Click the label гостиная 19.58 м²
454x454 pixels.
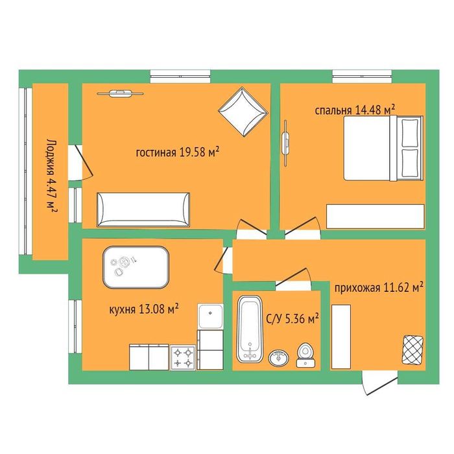pyautogui.click(x=177, y=152)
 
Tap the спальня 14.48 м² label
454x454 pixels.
pyautogui.click(x=355, y=110)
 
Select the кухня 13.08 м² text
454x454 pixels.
pyautogui.click(x=143, y=309)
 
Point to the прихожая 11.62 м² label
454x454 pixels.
pyautogui.click(x=379, y=288)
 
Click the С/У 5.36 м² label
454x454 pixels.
pyautogui.click(x=293, y=319)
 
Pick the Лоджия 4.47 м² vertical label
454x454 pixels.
pyautogui.click(x=51, y=176)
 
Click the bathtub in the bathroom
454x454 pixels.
pyautogui.click(x=250, y=329)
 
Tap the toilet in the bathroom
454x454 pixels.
pyautogui.click(x=305, y=355)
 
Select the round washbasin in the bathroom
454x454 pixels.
pyautogui.click(x=278, y=357)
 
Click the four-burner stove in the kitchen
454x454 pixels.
pyautogui.click(x=183, y=357)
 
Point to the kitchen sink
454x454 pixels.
pyautogui.click(x=211, y=317)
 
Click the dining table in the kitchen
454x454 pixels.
pyautogui.click(x=136, y=267)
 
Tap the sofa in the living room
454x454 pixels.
pyautogui.click(x=143, y=209)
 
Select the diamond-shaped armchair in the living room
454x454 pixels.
pyautogui.click(x=243, y=112)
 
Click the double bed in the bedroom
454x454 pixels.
pyautogui.click(x=383, y=148)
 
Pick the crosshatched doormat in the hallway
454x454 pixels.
pyautogui.click(x=412, y=350)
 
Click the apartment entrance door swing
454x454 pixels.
pyautogui.click(x=379, y=382)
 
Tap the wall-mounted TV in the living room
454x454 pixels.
pyautogui.click(x=120, y=93)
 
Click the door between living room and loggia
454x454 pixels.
pyautogui.click(x=80, y=163)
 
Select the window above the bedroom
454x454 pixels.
pyautogui.click(x=362, y=77)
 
